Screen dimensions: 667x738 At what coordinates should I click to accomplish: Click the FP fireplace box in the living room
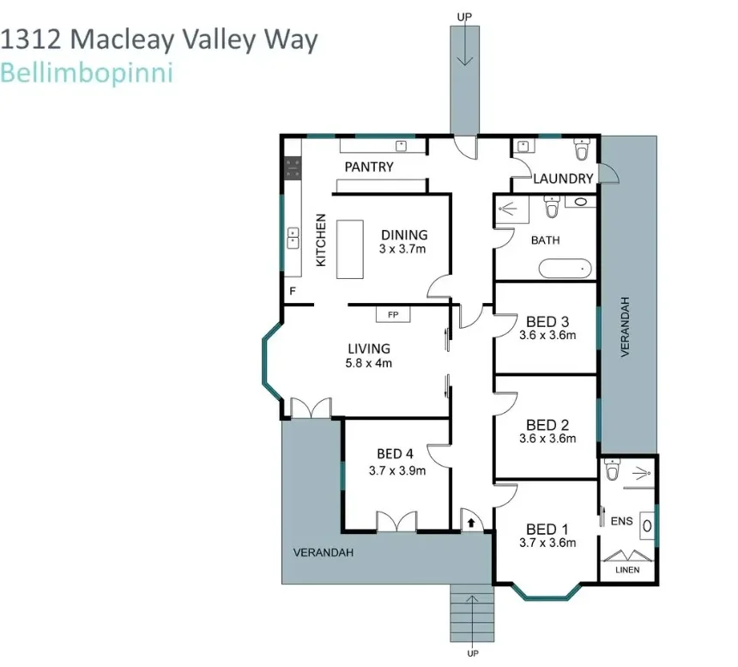click(x=393, y=315)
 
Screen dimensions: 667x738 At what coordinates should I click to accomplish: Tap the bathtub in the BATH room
click(x=566, y=269)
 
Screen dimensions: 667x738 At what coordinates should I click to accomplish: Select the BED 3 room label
click(x=547, y=322)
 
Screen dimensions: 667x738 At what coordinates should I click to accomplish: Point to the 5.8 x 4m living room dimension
click(x=369, y=363)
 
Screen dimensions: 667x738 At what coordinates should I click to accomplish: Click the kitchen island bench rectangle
click(x=350, y=249)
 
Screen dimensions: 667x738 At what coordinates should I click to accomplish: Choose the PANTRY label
click(x=369, y=167)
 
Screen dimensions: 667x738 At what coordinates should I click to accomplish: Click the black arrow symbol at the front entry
click(x=471, y=520)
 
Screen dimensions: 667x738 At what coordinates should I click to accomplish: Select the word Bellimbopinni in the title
click(x=87, y=73)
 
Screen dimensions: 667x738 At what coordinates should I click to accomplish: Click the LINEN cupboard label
click(x=628, y=570)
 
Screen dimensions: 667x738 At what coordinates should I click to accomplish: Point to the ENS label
click(x=620, y=520)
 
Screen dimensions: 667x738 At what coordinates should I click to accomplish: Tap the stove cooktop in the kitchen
click(x=293, y=167)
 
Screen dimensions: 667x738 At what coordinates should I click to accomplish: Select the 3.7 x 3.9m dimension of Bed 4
click(x=396, y=470)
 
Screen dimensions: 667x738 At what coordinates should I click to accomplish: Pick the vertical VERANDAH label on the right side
click(x=626, y=327)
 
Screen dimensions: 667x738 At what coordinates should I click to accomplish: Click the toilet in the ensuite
click(x=612, y=470)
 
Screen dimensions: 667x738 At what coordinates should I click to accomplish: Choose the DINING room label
click(x=403, y=234)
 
